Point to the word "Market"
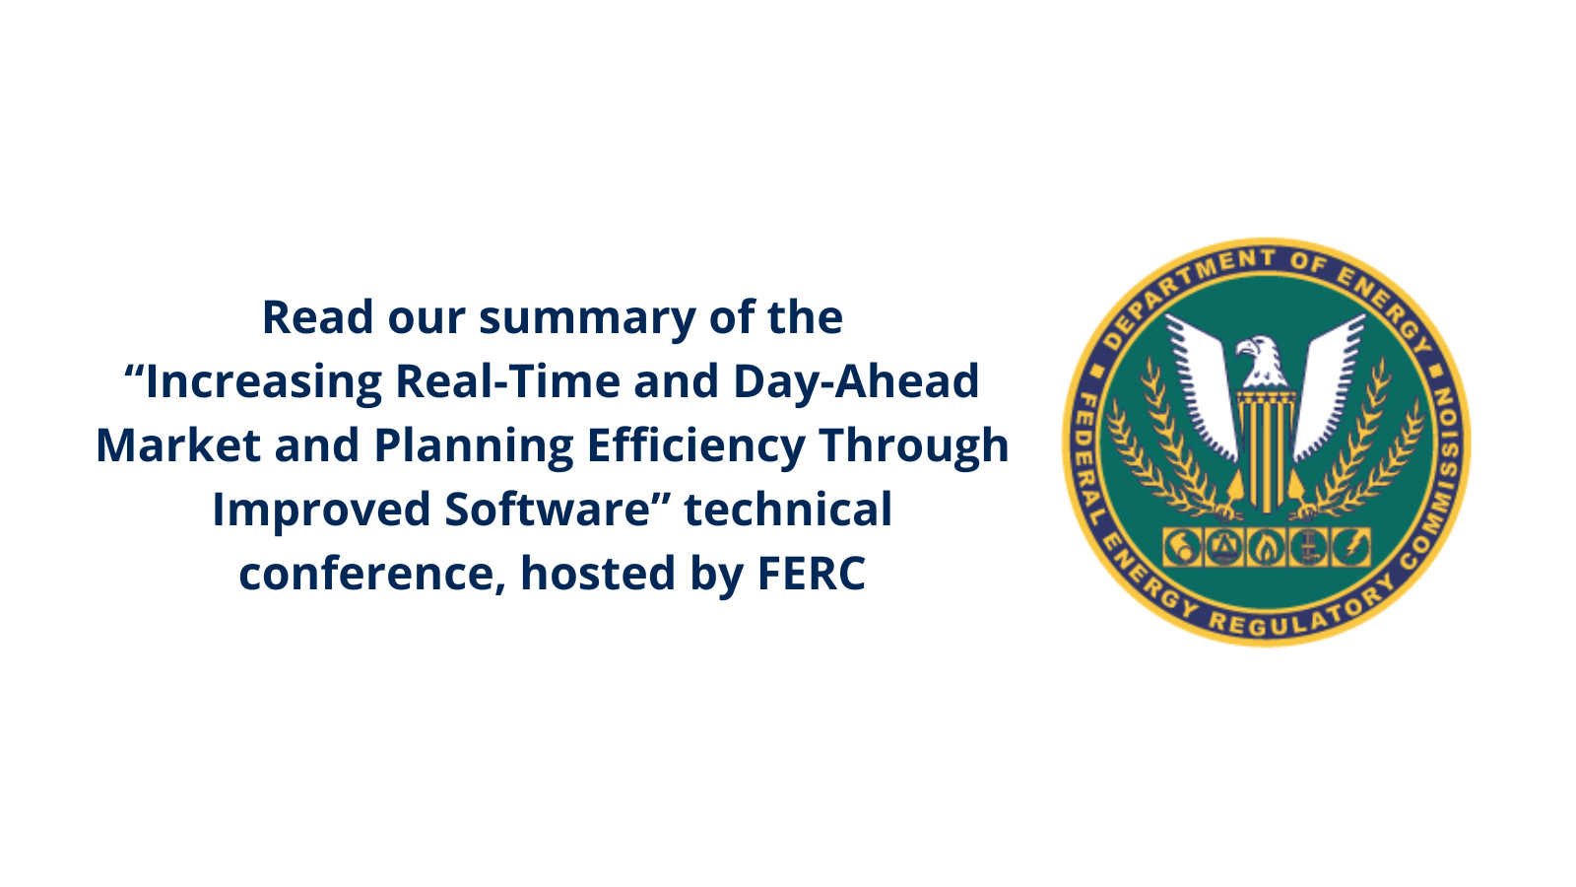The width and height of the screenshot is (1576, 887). [178, 445]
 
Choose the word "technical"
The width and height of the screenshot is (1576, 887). [788, 509]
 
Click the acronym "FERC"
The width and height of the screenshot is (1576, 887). [812, 573]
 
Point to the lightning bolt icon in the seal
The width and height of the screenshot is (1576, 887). [1350, 547]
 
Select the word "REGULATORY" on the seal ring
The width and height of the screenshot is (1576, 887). [1301, 612]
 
